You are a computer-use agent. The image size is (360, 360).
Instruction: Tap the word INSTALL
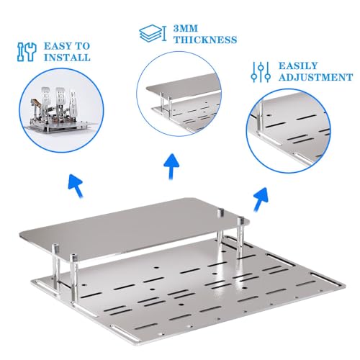pyautogui.click(x=67, y=58)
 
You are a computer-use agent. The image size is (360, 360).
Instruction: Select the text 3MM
pyautogui.click(x=186, y=29)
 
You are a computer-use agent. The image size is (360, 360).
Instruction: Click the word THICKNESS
pyautogui.click(x=205, y=40)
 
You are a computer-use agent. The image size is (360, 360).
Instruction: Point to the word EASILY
pyautogui.click(x=298, y=66)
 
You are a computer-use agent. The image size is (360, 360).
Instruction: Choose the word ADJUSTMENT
pyautogui.click(x=315, y=77)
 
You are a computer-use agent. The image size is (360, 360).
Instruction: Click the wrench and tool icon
pyautogui.click(x=27, y=52)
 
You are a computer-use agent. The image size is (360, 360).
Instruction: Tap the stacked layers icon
pyautogui.click(x=153, y=33)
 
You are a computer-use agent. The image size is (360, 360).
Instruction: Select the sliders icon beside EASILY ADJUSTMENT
pyautogui.click(x=261, y=72)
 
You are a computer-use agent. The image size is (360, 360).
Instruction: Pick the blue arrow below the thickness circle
pyautogui.click(x=171, y=167)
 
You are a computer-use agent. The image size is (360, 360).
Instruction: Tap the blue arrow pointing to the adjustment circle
pyautogui.click(x=261, y=199)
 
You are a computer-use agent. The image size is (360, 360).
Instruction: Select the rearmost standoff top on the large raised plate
pyautogui.click(x=220, y=212)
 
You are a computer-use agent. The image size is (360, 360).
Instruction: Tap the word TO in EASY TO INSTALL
pyautogui.click(x=83, y=46)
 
